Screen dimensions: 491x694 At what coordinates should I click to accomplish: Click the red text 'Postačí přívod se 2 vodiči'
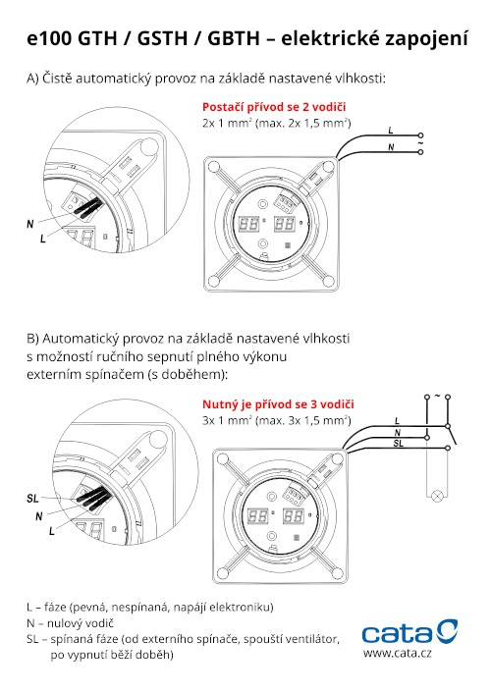[x=274, y=107]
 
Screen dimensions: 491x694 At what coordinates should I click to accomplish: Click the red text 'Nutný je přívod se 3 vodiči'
[x=278, y=404]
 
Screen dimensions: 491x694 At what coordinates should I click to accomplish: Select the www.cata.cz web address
[x=397, y=653]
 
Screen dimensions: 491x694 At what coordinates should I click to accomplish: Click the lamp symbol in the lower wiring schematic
[x=437, y=496]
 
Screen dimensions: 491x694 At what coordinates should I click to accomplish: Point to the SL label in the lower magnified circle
[x=32, y=499]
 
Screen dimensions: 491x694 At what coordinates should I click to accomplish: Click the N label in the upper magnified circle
[x=30, y=224]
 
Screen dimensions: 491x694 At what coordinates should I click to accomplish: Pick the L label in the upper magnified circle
[x=43, y=239]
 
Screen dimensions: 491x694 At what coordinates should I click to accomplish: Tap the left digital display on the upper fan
[x=248, y=224]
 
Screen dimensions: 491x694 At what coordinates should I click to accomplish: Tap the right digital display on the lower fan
[x=293, y=515]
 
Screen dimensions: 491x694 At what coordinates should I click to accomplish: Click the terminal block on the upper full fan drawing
[x=285, y=203]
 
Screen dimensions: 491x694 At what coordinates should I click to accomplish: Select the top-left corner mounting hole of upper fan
[x=213, y=167]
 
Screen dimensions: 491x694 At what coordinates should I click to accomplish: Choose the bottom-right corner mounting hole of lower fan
[x=337, y=573]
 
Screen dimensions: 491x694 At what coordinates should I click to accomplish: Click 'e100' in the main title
[x=49, y=38]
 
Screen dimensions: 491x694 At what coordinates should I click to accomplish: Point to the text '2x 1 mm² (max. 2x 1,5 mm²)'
[x=277, y=123]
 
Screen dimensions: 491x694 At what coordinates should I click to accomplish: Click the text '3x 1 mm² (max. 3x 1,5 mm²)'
[x=277, y=420]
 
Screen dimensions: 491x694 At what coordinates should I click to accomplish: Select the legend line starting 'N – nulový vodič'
[x=70, y=623]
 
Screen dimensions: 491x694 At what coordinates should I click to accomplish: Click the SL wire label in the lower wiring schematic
[x=398, y=443]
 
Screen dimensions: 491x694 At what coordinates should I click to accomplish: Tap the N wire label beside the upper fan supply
[x=391, y=147]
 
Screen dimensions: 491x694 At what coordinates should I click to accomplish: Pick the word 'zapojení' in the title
[x=426, y=39]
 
